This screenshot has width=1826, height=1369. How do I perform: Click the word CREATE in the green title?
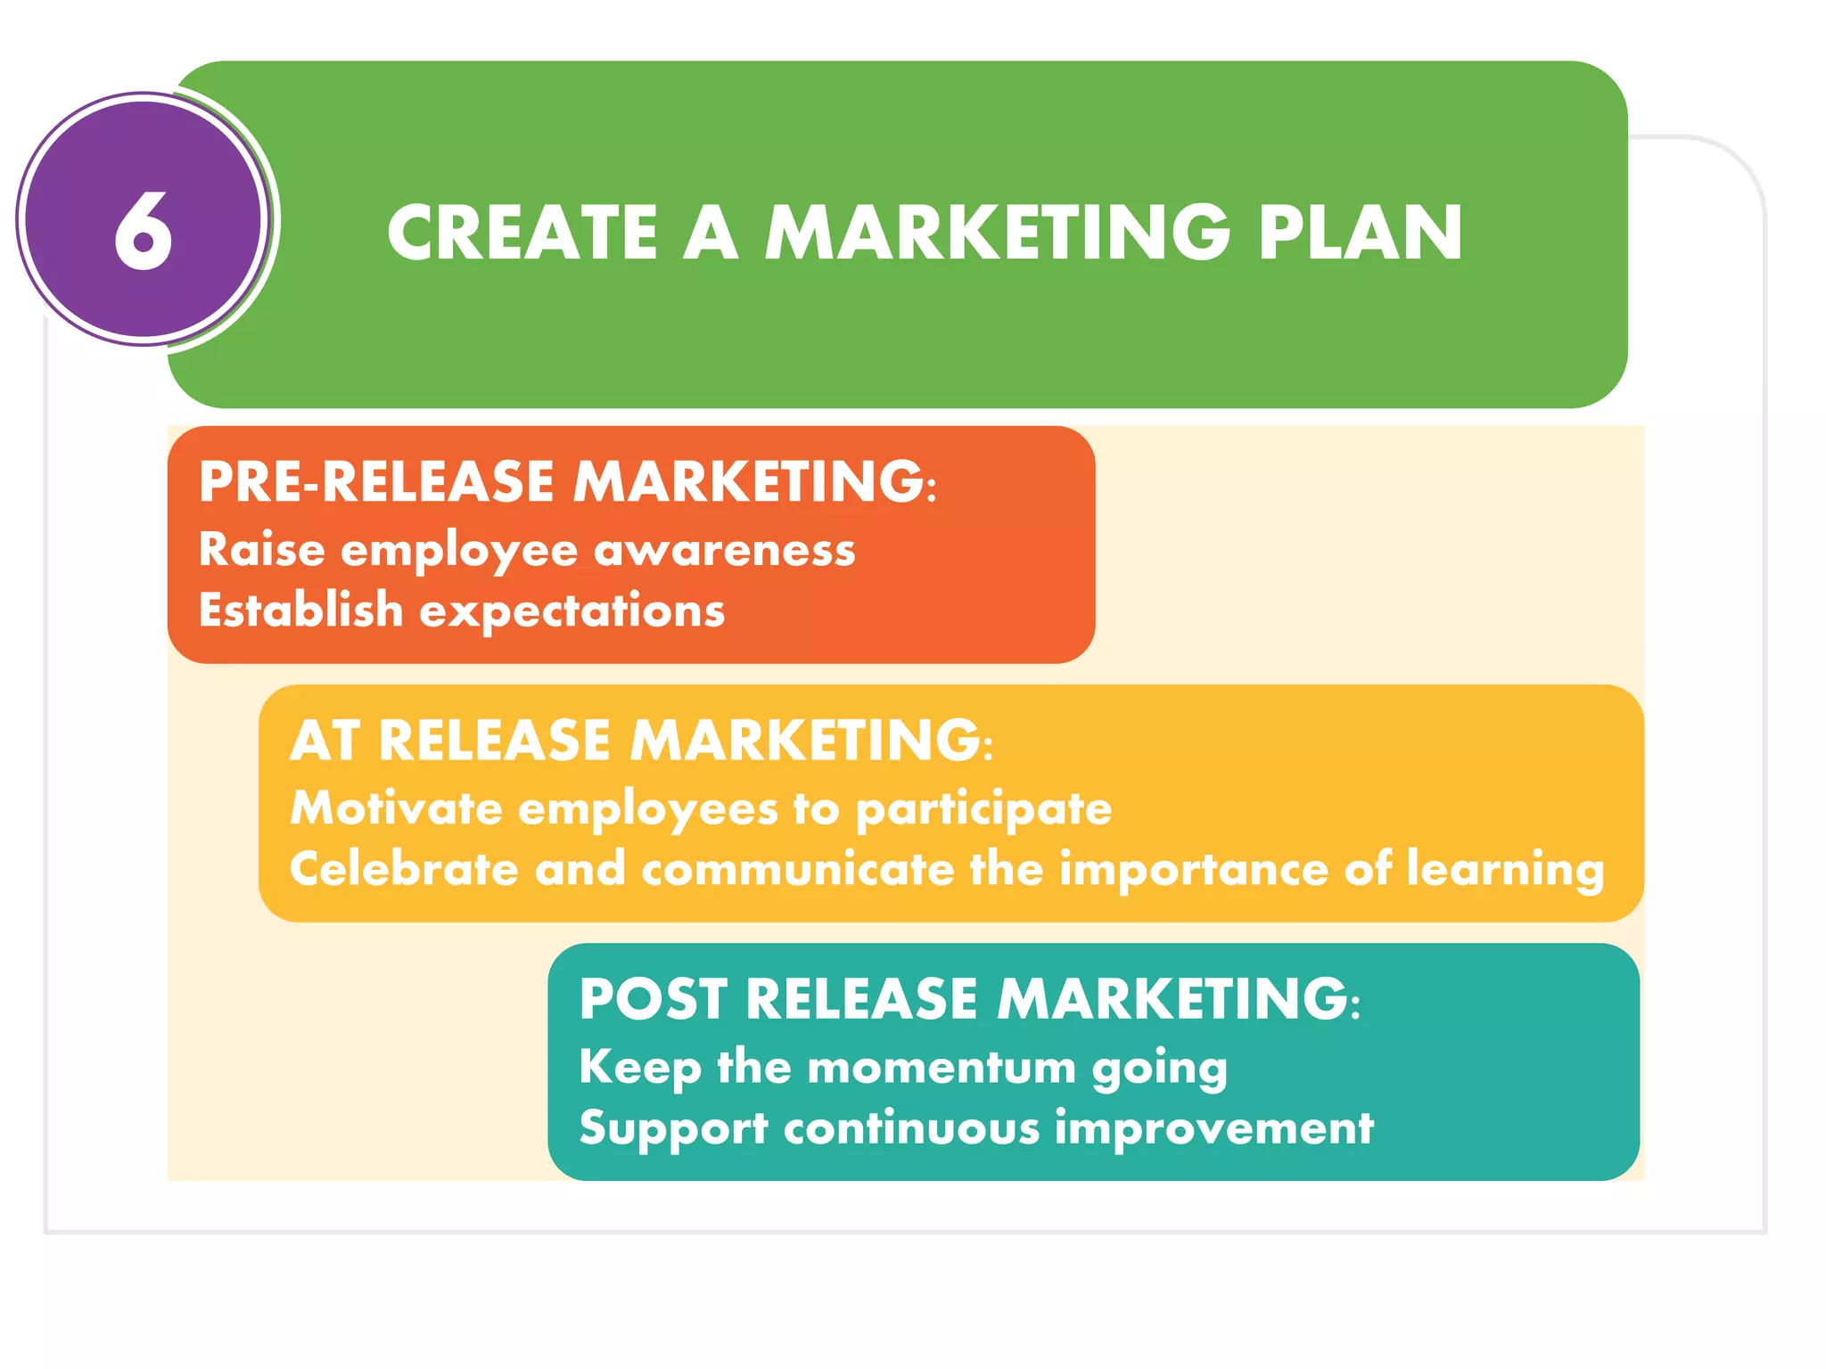pyautogui.click(x=522, y=233)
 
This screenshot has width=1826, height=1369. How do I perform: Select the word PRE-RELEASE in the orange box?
pyautogui.click(x=376, y=482)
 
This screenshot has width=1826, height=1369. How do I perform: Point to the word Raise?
pyautogui.click(x=261, y=549)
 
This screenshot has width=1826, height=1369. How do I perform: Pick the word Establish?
pyautogui.click(x=300, y=610)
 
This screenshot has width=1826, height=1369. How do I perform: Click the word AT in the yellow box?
pyautogui.click(x=324, y=741)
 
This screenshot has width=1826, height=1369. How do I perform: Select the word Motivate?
pyautogui.click(x=397, y=808)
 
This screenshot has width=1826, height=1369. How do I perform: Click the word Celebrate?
pyautogui.click(x=403, y=869)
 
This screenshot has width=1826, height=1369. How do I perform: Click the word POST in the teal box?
pyautogui.click(x=652, y=999)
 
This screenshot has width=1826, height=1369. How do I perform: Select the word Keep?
pyautogui.click(x=639, y=1068)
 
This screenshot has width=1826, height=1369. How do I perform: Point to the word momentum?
pyautogui.click(x=942, y=1068)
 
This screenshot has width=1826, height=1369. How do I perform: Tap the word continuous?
pyautogui.click(x=911, y=1128)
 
